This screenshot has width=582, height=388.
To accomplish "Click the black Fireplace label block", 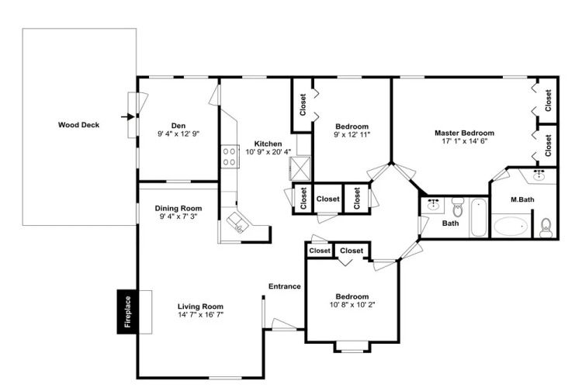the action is pos(127,312).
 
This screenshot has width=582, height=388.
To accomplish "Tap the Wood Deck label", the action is pos(78,125).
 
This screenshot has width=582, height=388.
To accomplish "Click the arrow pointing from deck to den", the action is pos(128,117).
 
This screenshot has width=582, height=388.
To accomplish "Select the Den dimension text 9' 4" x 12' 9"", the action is pos(178,134).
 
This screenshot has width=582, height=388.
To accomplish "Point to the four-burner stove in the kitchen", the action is pos(230,157).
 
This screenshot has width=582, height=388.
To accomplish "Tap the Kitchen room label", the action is pos(268,144).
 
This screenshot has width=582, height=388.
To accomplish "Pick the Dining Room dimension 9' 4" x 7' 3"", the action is pos(178,217).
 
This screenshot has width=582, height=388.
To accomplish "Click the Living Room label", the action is pos(200,307).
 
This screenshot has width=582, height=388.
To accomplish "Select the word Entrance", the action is pos(285,286).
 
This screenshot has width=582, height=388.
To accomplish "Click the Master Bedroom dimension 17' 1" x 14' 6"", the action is pos(465,141).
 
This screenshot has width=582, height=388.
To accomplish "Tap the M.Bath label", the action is pos(522,199).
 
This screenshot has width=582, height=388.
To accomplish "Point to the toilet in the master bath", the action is pos(546,227).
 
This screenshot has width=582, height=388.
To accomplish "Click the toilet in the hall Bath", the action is pos(459,207).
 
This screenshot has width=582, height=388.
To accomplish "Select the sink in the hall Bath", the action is pos(433,205).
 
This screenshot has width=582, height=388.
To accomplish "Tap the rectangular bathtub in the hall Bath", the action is pos(479,218).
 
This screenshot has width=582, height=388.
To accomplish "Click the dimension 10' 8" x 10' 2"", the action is pos(352,305).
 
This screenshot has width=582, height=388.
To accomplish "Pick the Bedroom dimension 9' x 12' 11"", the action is pos(352,134).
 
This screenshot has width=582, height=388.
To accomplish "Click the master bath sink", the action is pos(539,175).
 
